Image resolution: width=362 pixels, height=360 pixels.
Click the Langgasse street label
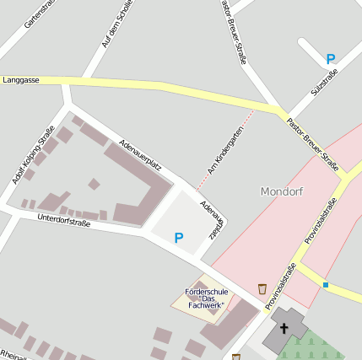click(x=21, y=79)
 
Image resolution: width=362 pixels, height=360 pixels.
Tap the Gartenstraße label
click(x=40, y=15)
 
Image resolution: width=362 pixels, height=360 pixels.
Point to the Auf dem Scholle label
click(x=117, y=25)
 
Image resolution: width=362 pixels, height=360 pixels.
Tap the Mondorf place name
click(x=282, y=191)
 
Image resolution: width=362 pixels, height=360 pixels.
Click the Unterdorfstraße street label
click(x=64, y=221)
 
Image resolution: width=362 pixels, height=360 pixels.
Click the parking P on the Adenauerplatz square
click(x=178, y=239)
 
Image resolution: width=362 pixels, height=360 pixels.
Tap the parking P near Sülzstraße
click(x=331, y=59)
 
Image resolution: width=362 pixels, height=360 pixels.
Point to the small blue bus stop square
click(x=326, y=285)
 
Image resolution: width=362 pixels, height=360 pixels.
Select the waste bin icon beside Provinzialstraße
click(x=262, y=289)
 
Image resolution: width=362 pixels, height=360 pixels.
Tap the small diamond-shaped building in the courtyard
click(x=94, y=184)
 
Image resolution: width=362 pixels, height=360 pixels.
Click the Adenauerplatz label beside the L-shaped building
click(x=140, y=154)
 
